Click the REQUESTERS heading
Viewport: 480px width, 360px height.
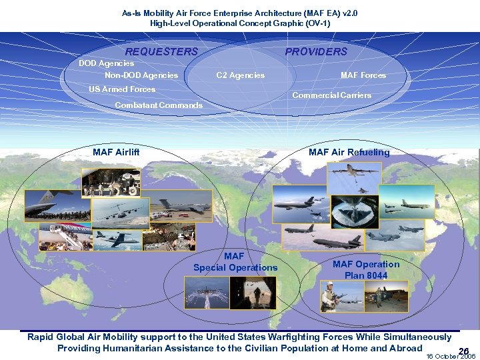point(161,52)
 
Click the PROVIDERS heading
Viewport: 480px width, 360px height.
point(316,52)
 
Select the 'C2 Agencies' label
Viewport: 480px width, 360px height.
point(240,75)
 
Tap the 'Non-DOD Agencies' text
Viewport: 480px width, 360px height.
point(141,75)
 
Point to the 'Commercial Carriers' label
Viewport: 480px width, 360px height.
point(332,95)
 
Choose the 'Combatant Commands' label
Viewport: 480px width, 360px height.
point(159,105)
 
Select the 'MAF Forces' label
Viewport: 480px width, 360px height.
point(363,75)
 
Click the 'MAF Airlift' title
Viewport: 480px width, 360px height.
point(116,153)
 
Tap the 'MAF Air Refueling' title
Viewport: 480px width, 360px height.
point(349,153)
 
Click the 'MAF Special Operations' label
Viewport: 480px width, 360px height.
point(235,262)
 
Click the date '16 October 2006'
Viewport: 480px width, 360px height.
point(451,357)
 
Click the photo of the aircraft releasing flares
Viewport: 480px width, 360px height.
point(207,293)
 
